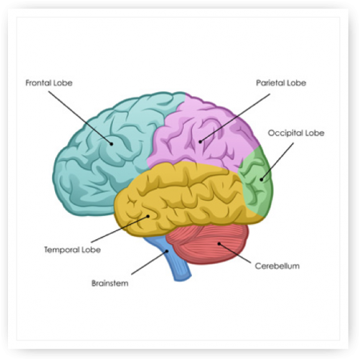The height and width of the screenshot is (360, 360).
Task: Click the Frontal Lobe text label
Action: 49,83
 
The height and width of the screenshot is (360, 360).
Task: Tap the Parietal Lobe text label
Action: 281,83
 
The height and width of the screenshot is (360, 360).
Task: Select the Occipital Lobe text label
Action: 296,133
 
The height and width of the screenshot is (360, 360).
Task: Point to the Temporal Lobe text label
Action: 72,250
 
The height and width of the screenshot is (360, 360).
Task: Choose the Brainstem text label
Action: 110,283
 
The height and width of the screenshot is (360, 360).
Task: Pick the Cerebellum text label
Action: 277,266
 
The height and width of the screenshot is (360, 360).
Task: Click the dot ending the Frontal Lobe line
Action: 112,144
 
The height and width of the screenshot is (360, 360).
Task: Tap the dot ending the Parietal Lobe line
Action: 200,142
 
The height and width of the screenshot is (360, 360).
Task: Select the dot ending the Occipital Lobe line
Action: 262,179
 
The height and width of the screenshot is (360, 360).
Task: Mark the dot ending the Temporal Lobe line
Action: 149,216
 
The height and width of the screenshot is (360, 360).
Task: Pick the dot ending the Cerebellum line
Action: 219,243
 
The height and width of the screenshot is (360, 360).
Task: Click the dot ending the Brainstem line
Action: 168,250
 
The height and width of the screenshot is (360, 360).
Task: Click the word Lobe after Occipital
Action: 315,133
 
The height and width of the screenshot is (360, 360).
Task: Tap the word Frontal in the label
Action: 38,83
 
